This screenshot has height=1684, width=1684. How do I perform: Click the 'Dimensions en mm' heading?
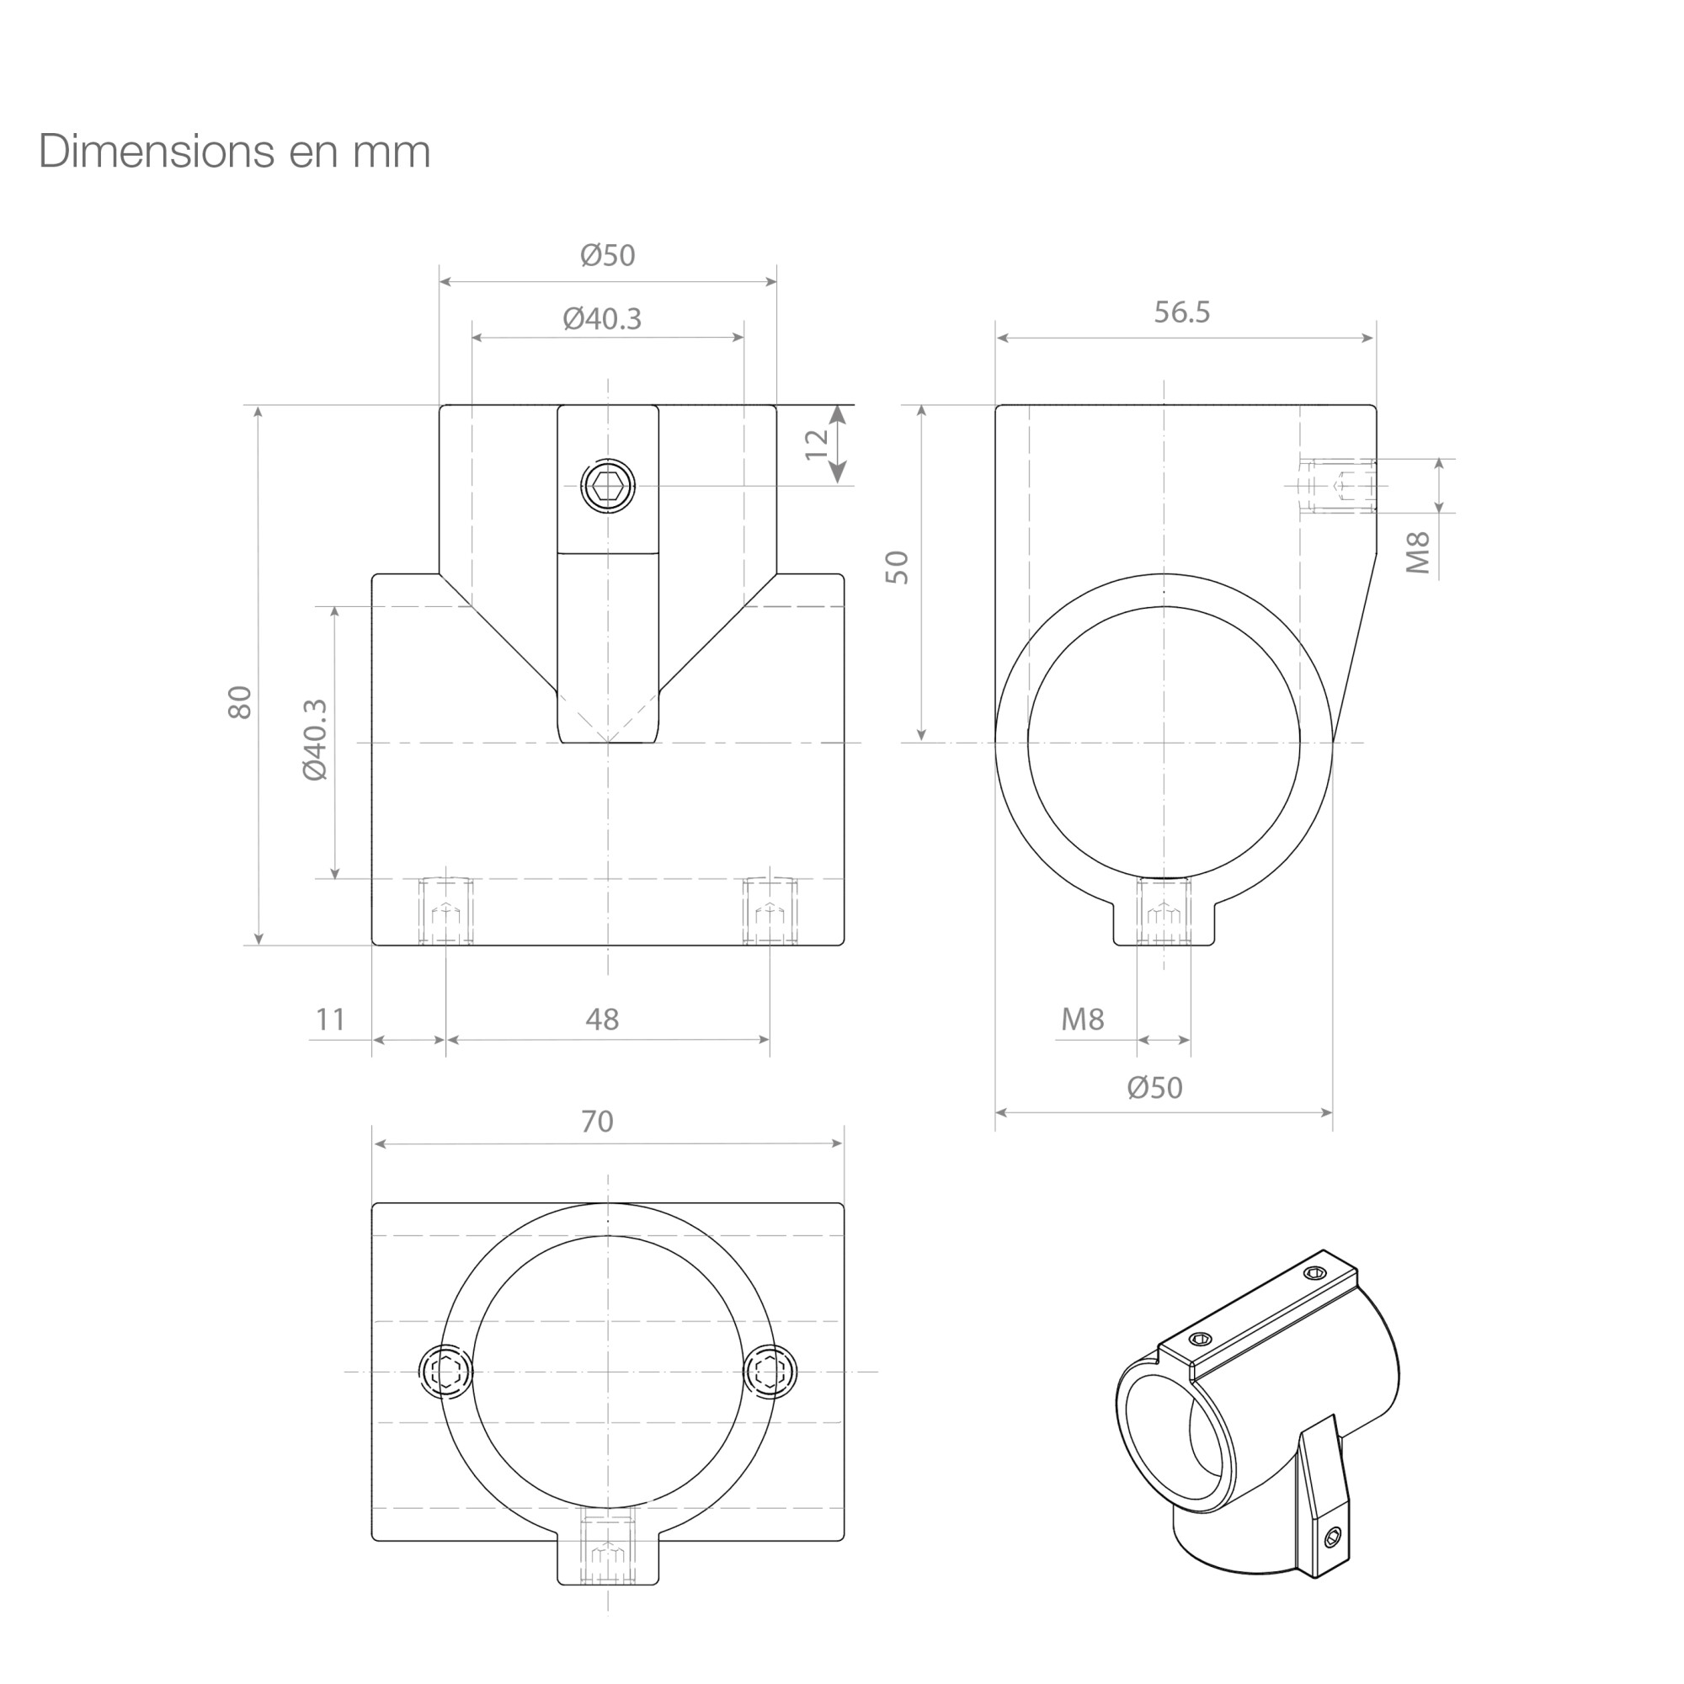pyautogui.click(x=234, y=152)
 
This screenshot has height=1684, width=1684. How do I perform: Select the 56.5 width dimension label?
pyautogui.click(x=1182, y=312)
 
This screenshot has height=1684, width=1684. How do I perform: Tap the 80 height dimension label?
pyautogui.click(x=240, y=702)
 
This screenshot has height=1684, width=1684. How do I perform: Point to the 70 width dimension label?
pyautogui.click(x=597, y=1122)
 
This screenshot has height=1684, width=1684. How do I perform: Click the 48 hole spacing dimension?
pyautogui.click(x=602, y=1019)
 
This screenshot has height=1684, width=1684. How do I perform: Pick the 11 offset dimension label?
pyautogui.click(x=330, y=1019)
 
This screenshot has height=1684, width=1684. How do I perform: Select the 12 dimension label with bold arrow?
pyautogui.click(x=817, y=445)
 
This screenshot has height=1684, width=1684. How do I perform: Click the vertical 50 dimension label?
pyautogui.click(x=897, y=568)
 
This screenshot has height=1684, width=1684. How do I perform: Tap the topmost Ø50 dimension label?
pyautogui.click(x=608, y=255)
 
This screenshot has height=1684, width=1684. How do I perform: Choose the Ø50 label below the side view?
pyautogui.click(x=1155, y=1088)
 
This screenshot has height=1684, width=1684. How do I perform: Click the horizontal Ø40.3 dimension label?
pyautogui.click(x=602, y=319)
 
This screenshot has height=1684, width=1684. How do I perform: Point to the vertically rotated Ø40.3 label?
pyautogui.click(x=315, y=740)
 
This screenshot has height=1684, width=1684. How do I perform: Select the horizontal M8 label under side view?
pyautogui.click(x=1083, y=1019)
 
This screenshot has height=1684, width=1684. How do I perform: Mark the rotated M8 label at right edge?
pyautogui.click(x=1419, y=552)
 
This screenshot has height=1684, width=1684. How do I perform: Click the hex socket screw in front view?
pyautogui.click(x=608, y=487)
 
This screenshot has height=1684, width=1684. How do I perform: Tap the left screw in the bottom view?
pyautogui.click(x=446, y=1372)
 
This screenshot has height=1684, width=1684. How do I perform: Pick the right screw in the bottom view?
pyautogui.click(x=770, y=1372)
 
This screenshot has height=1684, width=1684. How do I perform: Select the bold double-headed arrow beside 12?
pyautogui.click(x=838, y=445)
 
